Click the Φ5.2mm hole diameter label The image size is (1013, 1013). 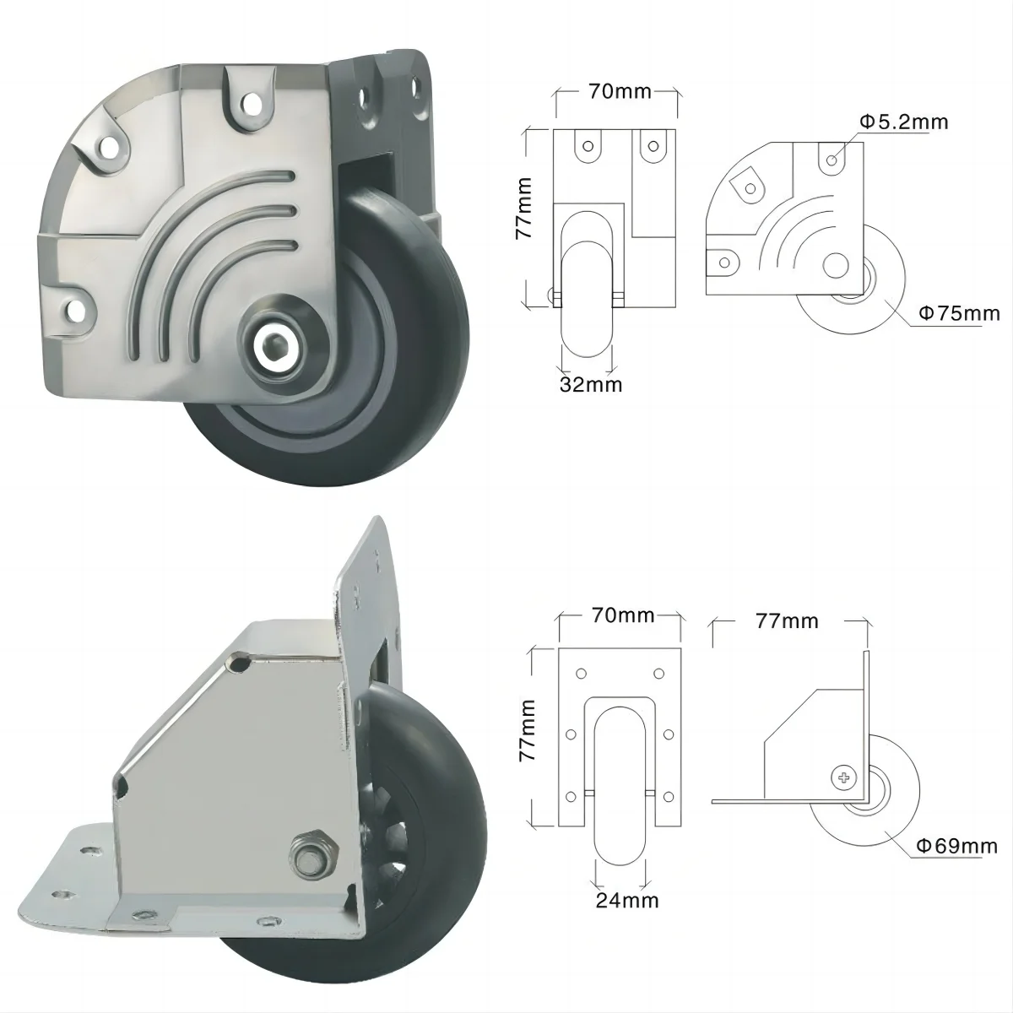(x=904, y=122)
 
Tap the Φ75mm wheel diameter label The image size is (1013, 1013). (x=958, y=314)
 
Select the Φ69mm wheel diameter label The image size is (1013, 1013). (x=956, y=845)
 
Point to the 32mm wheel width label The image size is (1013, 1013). (x=591, y=385)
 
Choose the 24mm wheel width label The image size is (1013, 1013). (x=627, y=900)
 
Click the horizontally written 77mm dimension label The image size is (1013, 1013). (x=787, y=621)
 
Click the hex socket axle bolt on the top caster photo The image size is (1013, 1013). (x=274, y=345)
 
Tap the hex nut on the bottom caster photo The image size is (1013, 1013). (x=311, y=848)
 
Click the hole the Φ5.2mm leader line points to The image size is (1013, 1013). (x=832, y=159)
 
